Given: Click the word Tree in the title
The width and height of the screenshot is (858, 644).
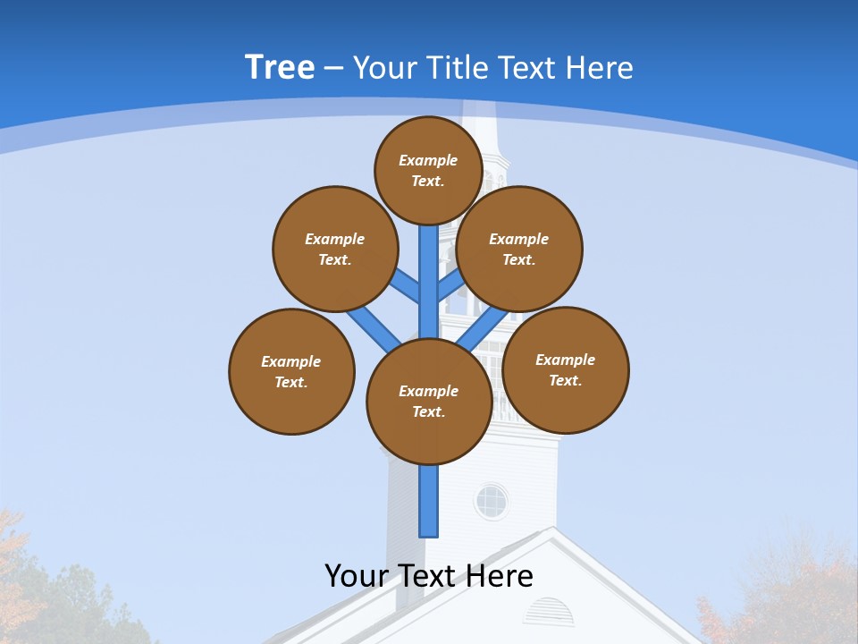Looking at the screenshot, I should (x=280, y=68).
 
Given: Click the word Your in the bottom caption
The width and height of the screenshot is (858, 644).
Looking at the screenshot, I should (x=357, y=576).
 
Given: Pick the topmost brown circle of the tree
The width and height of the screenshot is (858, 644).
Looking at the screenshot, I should (x=428, y=170).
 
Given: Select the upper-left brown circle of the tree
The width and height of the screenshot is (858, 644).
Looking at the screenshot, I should (x=335, y=249).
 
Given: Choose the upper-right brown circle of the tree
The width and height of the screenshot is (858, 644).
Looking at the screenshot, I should (x=519, y=249).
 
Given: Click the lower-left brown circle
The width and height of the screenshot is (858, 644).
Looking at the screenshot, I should (x=291, y=371).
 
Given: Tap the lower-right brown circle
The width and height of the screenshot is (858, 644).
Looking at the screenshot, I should (x=566, y=369).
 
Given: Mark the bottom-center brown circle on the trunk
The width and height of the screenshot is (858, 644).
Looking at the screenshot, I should (x=429, y=401).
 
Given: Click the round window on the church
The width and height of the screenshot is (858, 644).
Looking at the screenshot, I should (x=491, y=501).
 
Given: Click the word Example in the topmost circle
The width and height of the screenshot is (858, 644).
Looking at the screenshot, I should (x=428, y=160).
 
